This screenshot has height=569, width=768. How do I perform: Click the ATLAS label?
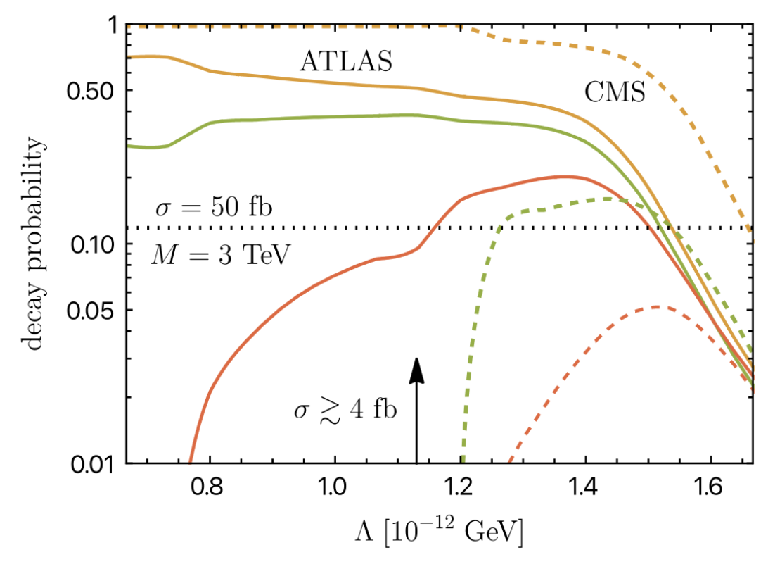(345, 61)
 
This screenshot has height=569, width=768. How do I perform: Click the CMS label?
(615, 92)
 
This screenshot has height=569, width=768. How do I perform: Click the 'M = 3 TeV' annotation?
(219, 254)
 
